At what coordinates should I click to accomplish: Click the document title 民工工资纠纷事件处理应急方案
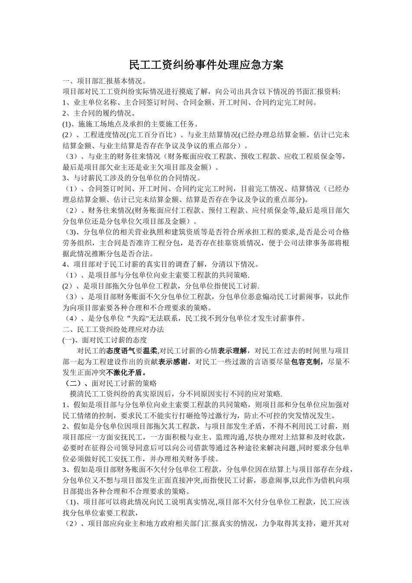tap(206, 65)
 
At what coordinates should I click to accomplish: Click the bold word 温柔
tap(150, 351)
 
